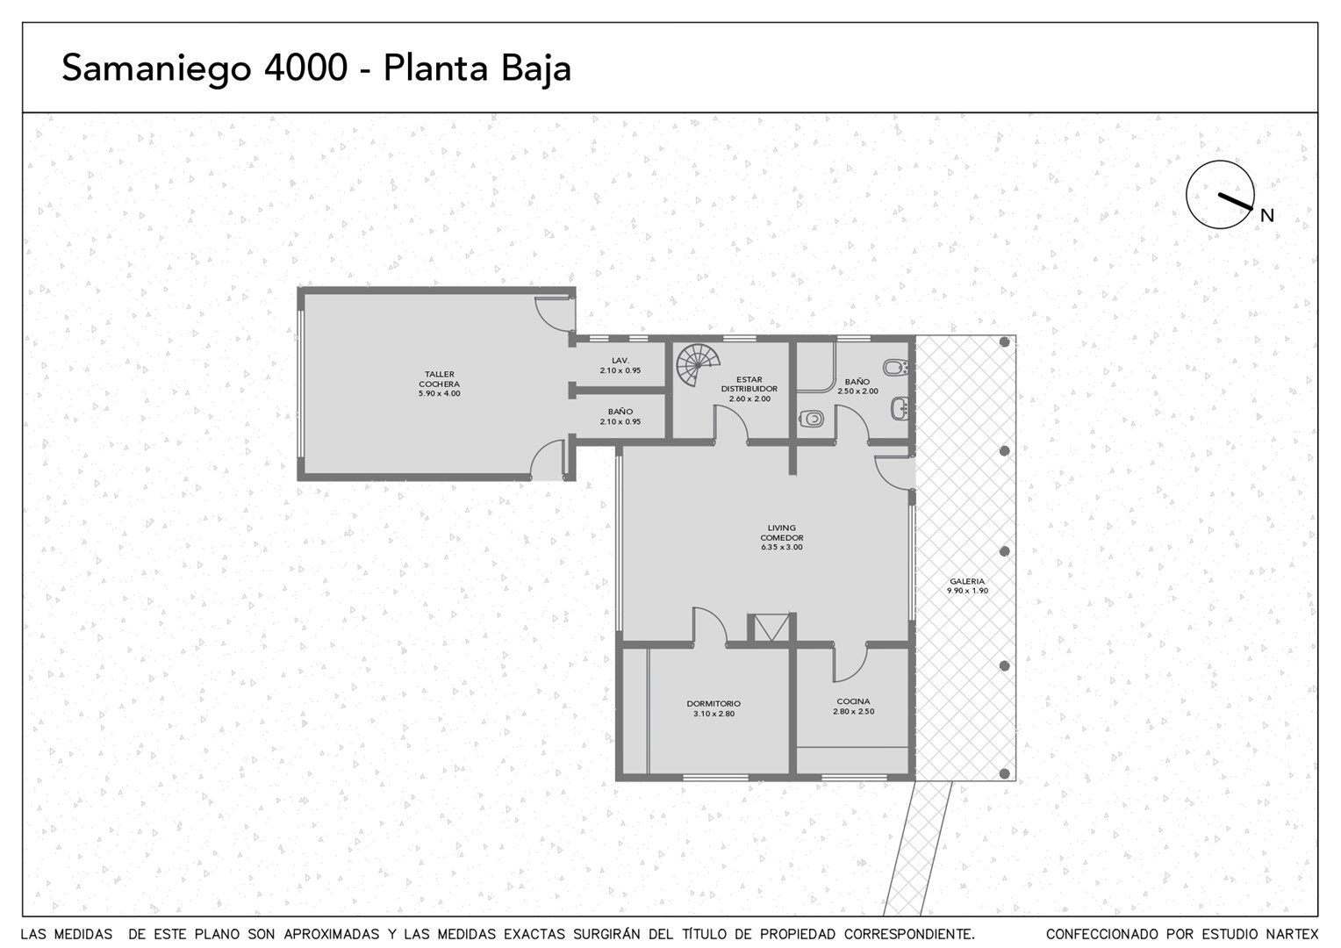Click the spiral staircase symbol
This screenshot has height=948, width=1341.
tap(698, 364)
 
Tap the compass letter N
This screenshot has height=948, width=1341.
tap(1266, 216)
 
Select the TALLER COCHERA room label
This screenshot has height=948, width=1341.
tap(440, 379)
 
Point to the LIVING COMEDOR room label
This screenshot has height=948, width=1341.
tap(782, 533)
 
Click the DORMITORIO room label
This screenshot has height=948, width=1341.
tap(714, 704)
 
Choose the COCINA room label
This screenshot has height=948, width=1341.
tap(854, 701)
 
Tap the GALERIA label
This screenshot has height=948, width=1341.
tap(967, 581)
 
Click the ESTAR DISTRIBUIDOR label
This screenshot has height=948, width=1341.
tap(749, 384)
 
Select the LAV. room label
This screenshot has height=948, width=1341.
tap(620, 361)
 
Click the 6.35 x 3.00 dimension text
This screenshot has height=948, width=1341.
tap(782, 547)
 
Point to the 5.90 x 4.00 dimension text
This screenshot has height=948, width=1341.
tap(440, 393)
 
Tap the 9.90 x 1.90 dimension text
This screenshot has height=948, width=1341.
tap(967, 591)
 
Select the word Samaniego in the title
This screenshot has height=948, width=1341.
tap(156, 68)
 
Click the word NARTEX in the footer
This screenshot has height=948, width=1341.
tap(1293, 934)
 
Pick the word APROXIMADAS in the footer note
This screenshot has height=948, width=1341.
tap(332, 934)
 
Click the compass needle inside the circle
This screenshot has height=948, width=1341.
tap(1235, 202)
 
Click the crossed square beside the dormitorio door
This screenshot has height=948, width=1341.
tap(771, 628)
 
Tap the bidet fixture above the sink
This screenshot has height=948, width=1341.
tap(896, 367)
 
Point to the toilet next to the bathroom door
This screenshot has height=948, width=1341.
tap(811, 419)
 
